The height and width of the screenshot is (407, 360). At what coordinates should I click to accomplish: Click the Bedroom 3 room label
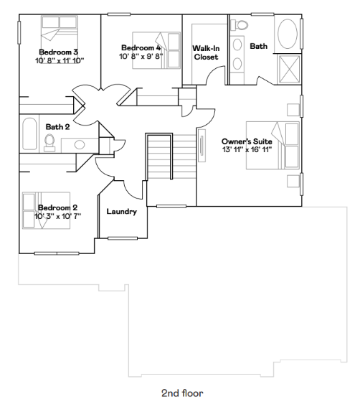[58, 52]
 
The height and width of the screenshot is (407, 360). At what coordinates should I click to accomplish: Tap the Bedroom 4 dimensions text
[141, 56]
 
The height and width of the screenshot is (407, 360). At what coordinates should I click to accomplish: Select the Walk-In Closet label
[206, 52]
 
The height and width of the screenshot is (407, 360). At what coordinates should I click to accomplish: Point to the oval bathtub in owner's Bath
[288, 34]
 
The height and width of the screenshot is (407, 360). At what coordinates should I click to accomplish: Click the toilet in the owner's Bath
[240, 25]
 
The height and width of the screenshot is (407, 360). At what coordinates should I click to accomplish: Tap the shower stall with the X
[289, 70]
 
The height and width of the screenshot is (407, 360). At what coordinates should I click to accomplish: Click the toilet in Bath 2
[49, 142]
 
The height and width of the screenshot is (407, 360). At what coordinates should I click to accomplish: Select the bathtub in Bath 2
[29, 134]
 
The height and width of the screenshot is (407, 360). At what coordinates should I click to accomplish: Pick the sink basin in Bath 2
[80, 145]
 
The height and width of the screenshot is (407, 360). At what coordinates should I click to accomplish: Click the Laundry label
[122, 212]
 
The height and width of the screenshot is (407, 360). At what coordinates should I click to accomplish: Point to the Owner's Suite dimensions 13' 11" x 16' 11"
[247, 150]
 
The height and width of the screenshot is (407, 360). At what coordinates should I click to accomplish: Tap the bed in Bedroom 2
[46, 210]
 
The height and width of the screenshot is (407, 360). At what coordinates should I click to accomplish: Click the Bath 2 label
[57, 127]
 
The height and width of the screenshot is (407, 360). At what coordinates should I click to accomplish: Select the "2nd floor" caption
[182, 393]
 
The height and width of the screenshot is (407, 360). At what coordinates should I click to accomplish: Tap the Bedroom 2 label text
[57, 207]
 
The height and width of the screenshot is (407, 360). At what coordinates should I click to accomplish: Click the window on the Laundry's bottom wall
[123, 238]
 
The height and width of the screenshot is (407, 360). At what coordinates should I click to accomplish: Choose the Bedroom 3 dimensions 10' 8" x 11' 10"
[60, 61]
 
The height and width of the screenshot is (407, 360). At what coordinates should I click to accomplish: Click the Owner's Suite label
[247, 141]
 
